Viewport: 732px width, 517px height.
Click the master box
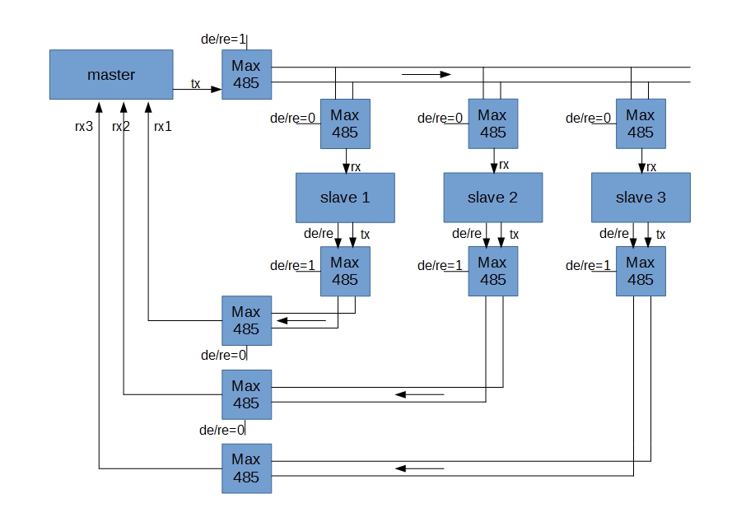(x=111, y=74)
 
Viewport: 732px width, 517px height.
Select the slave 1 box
(x=345, y=198)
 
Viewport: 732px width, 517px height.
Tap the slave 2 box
(x=492, y=198)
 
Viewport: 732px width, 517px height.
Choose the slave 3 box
(x=641, y=198)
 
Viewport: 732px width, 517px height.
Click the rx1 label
(x=162, y=126)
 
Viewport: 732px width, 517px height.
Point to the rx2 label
(x=121, y=126)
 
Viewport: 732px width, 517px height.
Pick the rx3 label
(x=82, y=126)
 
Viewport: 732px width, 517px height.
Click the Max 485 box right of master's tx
(x=246, y=74)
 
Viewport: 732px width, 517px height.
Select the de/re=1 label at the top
(x=222, y=39)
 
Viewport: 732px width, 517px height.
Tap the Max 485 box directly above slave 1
(x=345, y=123)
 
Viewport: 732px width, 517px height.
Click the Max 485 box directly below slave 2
(x=492, y=271)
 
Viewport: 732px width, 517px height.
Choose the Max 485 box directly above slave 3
(x=641, y=123)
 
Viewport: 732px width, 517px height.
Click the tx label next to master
(x=195, y=83)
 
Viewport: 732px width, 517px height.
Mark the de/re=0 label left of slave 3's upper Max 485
(x=589, y=118)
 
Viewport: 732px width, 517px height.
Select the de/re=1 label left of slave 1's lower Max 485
(x=293, y=265)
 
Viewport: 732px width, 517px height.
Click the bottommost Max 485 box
(x=246, y=468)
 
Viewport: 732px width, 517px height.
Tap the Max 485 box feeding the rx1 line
(x=246, y=320)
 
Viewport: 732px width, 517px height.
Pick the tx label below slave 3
(x=661, y=235)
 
